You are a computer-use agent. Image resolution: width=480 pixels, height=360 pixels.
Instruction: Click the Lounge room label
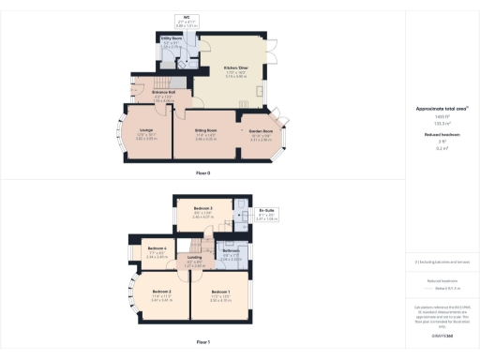pos(147,129)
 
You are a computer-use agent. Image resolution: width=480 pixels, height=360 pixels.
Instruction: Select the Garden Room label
pos(260,129)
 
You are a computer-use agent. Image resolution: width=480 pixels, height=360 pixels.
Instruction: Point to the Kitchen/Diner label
pos(234,67)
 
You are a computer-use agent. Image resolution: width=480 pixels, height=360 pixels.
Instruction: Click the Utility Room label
pos(171,39)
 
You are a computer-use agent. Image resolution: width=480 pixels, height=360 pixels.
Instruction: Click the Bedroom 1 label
pos(220,292)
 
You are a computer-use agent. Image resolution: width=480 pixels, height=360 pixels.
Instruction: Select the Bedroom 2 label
pos(161,292)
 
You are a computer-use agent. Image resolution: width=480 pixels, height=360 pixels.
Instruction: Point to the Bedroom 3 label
pos(203,207)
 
